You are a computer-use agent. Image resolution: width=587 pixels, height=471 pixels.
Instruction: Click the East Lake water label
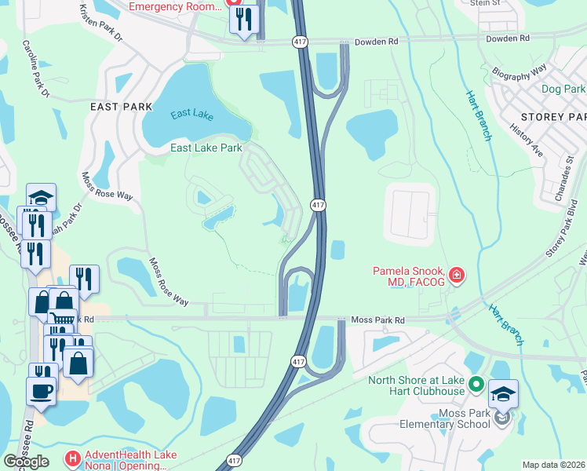[x=193, y=115]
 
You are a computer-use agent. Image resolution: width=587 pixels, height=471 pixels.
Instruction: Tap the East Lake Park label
[x=206, y=147]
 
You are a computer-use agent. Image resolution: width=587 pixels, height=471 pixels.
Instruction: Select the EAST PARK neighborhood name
[x=121, y=106]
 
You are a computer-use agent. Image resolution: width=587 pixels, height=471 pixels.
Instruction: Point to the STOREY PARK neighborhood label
[x=554, y=116]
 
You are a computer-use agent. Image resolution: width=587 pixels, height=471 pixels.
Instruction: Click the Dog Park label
[x=563, y=89]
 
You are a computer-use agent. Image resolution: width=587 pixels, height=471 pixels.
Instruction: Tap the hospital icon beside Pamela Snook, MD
[x=456, y=276]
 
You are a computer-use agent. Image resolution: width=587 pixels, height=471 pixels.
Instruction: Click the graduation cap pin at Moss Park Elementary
[x=504, y=394]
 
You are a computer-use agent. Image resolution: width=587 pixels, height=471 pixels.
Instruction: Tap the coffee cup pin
[x=41, y=389]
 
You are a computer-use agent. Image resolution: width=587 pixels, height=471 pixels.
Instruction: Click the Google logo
[x=26, y=462]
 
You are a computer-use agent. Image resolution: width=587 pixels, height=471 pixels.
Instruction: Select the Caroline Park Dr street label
[x=36, y=69]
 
